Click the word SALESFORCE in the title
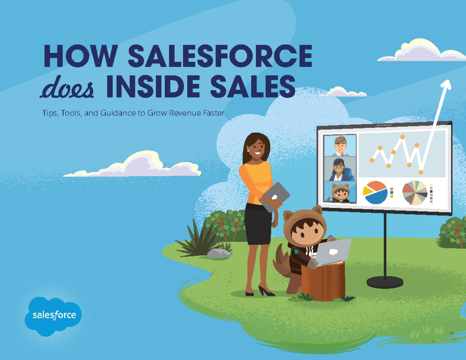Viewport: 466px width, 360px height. (220, 57)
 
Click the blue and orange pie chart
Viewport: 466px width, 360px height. (376, 193)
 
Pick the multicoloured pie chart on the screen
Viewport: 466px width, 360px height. (414, 193)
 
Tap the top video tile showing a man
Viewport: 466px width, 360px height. (340, 146)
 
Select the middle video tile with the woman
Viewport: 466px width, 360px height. (340, 169)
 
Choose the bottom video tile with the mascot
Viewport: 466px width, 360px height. (340, 192)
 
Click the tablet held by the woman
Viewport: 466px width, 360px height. (275, 197)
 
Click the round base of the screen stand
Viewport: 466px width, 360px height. (384, 282)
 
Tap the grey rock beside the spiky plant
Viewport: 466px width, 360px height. (219, 254)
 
